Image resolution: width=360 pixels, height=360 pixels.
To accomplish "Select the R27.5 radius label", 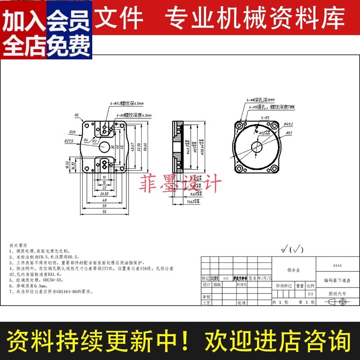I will (x=68, y=141).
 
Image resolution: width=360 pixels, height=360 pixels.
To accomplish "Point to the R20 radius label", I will (x=72, y=132).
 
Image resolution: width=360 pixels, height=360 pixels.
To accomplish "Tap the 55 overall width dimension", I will (x=104, y=211).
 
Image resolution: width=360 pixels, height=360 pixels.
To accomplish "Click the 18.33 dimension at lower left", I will (x=67, y=165).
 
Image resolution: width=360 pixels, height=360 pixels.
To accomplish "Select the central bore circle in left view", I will (x=104, y=146).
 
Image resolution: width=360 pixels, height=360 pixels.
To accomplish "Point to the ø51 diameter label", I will (x=289, y=133).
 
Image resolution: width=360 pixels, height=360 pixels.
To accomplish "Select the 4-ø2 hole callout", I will (x=264, y=117).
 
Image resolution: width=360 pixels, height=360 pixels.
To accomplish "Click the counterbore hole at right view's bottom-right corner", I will (x=274, y=169).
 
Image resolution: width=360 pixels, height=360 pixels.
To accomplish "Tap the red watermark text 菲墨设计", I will (x=181, y=184).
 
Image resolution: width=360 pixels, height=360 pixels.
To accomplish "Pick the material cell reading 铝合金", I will (x=294, y=270).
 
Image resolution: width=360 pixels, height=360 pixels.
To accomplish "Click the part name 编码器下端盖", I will (x=337, y=280).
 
